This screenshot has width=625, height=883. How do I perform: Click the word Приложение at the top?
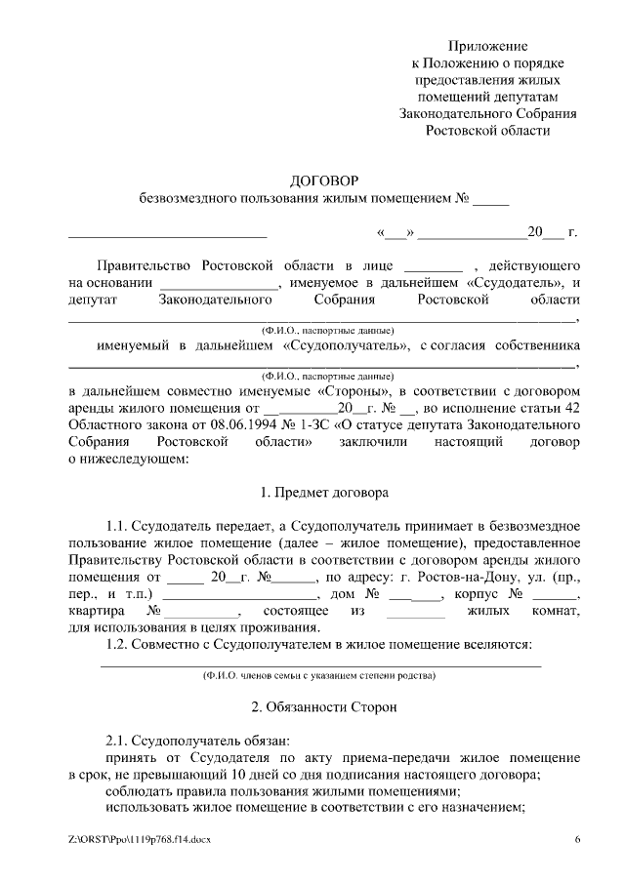[x=488, y=46]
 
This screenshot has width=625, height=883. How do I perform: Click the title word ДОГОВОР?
[x=325, y=181]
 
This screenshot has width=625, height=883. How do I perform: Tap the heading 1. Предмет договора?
[x=325, y=493]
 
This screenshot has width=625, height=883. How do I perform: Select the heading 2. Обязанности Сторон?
[x=325, y=705]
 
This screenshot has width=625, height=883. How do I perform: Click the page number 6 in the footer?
[x=577, y=839]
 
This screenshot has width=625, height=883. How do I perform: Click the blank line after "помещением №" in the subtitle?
[x=491, y=200]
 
